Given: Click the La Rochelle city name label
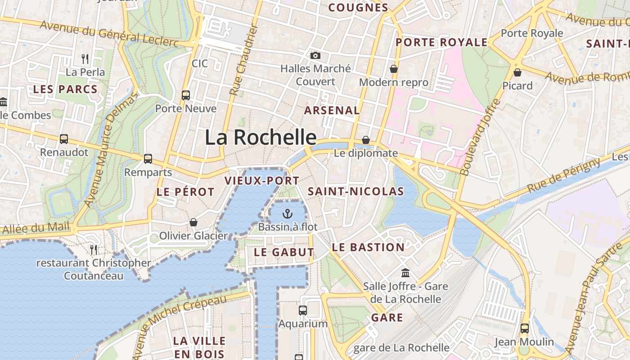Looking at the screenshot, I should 261,137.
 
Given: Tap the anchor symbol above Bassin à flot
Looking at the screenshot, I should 288,213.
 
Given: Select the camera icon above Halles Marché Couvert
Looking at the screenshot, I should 315,55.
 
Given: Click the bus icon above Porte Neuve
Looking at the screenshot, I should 185,95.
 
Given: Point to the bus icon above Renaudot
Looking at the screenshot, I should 64,139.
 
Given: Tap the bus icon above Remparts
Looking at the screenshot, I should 148,159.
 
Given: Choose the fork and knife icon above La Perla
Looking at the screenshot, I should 85,58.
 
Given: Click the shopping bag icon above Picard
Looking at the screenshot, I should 517,72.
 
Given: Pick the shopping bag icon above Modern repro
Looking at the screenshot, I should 394,69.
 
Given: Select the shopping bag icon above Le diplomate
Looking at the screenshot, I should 366,140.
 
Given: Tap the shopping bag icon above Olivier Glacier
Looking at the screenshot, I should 193,222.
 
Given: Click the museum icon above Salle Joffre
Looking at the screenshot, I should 405,273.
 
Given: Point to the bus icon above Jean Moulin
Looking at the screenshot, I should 524,328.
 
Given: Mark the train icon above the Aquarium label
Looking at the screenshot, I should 303,310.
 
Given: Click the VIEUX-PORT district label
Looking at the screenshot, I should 262,181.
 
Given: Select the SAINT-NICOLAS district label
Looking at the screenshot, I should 355,191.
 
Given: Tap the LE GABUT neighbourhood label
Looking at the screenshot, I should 283,252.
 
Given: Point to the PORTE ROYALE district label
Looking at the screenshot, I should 441,43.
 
